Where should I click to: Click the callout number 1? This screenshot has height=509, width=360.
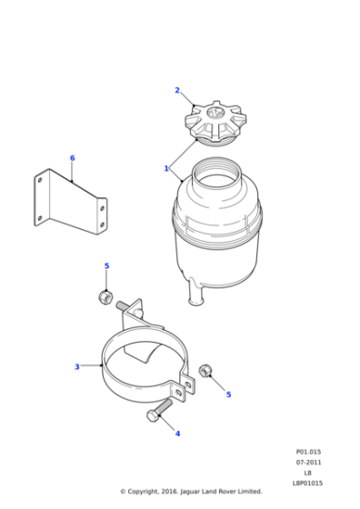[166, 168]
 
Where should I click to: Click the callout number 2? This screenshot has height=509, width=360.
[177, 91]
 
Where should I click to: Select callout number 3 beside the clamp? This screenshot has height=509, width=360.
[77, 367]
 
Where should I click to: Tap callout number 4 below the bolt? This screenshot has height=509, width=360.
[177, 434]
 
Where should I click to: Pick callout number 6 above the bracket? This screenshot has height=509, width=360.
[73, 158]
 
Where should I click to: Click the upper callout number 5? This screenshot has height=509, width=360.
[106, 266]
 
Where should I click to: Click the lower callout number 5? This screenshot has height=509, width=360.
[228, 394]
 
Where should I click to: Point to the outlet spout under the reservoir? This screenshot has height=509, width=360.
[195, 294]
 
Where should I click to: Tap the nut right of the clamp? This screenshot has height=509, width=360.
[205, 371]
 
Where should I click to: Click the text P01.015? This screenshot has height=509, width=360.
[308, 452]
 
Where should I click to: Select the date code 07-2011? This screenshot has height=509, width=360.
[308, 463]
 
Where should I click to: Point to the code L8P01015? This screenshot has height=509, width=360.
[308, 483]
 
